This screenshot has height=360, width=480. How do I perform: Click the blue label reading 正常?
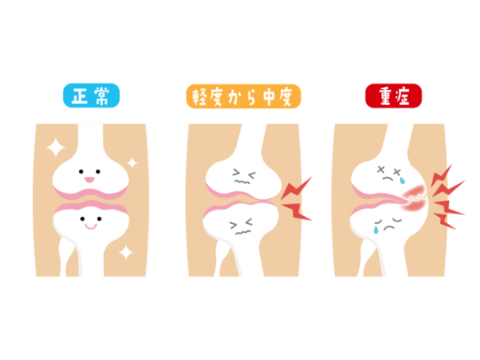[92, 95]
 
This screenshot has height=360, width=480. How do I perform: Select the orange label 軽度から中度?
[244, 96]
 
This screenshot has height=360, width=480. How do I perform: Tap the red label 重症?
[394, 96]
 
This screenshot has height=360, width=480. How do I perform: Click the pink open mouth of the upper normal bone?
[90, 180]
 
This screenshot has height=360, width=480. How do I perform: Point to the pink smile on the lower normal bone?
[91, 227]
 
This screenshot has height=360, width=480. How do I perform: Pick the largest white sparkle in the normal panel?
[55, 148]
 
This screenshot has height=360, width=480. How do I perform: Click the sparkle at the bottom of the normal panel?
[126, 252]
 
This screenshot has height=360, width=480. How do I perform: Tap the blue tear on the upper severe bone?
[402, 181]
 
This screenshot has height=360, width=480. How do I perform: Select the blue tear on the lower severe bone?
[376, 229]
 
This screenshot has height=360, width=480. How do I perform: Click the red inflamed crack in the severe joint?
[414, 198]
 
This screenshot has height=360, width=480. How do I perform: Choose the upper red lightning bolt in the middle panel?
[295, 188]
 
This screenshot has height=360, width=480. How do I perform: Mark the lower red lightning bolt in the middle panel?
[296, 212]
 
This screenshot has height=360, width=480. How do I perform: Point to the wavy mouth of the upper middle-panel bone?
[242, 182]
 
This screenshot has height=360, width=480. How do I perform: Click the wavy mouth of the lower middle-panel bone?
[243, 232]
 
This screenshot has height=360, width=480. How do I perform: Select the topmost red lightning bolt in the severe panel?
[442, 175]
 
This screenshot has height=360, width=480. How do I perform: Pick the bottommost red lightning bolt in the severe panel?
[445, 221]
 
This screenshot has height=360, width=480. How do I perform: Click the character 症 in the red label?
[403, 96]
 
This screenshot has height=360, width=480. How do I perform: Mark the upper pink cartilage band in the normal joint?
[91, 193]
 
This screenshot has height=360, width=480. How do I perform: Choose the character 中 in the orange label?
[268, 96]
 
